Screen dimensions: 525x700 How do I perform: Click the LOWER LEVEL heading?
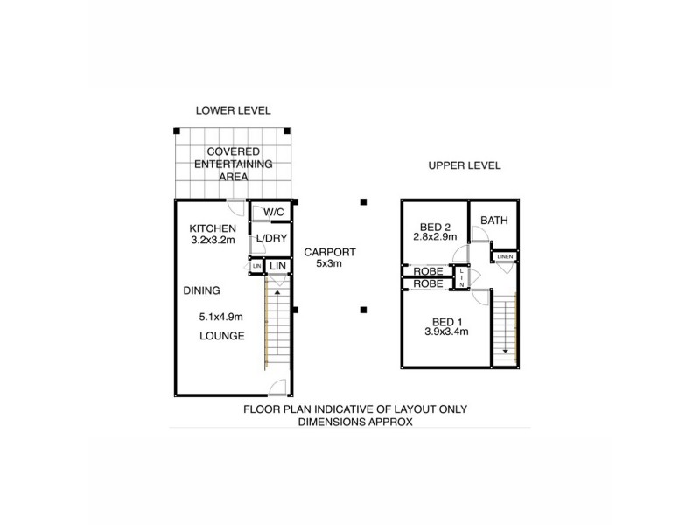[x=233, y=110]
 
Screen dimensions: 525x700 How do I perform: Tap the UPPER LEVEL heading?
[x=464, y=165]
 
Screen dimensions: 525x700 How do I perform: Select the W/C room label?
[x=272, y=213]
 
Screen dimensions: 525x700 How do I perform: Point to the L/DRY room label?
[x=268, y=239]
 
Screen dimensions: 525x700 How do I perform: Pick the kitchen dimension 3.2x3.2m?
[x=213, y=241]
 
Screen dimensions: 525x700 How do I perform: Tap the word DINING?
[x=201, y=290]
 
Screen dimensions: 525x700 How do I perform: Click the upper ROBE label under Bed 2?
[x=428, y=271]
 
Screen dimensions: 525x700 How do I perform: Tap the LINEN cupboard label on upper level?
[x=505, y=256]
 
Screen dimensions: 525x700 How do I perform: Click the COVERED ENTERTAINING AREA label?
[x=233, y=164]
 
